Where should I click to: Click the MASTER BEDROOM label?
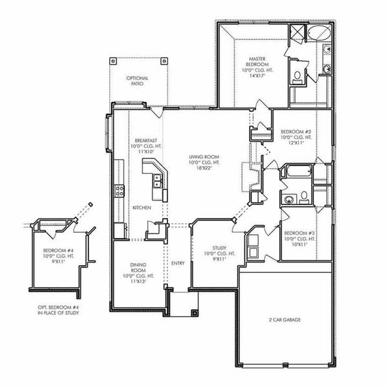(253, 60)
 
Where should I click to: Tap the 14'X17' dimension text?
(253, 75)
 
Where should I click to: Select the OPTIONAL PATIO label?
(138, 81)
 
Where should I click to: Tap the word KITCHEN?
(142, 208)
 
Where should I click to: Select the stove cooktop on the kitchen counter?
(120, 190)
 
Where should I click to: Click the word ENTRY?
(178, 263)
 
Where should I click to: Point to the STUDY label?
(219, 248)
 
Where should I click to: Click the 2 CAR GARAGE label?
(285, 319)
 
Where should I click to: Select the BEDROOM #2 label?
(296, 132)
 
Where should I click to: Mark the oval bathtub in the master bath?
(318, 34)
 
